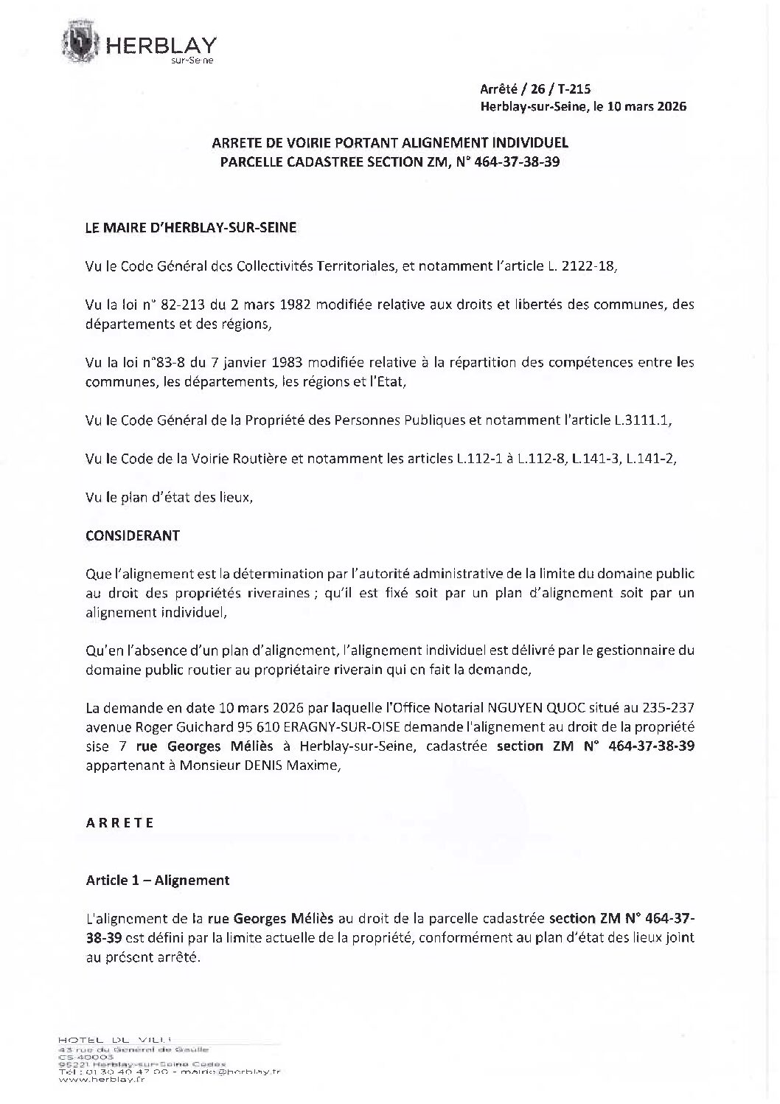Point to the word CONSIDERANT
pyautogui.click(x=133, y=535)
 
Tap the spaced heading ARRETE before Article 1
pyautogui.click(x=120, y=823)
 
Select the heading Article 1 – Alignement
pyautogui.click(x=158, y=880)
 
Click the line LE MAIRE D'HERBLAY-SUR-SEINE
pyautogui.click(x=191, y=228)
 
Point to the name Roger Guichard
pyautogui.click(x=179, y=727)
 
